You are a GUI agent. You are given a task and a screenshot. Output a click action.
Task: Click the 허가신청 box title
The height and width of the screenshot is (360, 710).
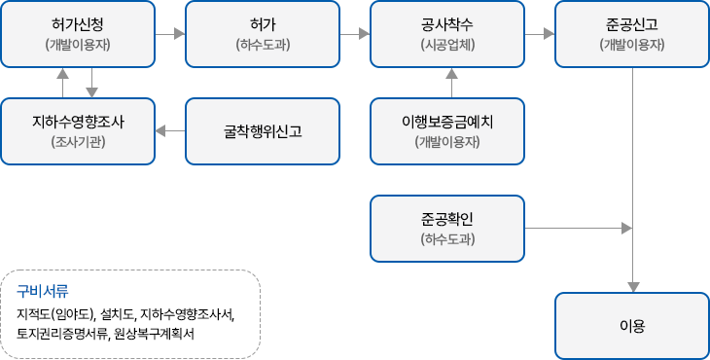(78, 22)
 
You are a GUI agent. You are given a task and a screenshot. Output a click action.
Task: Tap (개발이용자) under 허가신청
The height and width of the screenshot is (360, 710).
(78, 45)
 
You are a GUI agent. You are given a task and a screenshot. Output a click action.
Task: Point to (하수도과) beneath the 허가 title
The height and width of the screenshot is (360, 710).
(263, 45)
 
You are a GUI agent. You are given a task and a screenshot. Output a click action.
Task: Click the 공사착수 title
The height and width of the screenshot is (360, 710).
(448, 22)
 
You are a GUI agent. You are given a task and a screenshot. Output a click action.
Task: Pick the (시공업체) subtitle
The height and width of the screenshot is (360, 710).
(448, 45)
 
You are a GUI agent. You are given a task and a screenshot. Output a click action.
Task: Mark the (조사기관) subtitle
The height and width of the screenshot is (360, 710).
(78, 143)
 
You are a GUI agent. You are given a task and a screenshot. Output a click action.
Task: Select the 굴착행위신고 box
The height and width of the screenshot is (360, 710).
(263, 131)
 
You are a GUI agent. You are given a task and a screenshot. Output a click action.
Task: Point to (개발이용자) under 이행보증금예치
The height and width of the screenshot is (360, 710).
(448, 143)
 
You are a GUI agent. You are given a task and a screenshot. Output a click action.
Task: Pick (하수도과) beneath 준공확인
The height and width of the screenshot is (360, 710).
(448, 239)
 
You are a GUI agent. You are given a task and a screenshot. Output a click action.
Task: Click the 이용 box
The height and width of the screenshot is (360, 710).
(632, 326)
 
